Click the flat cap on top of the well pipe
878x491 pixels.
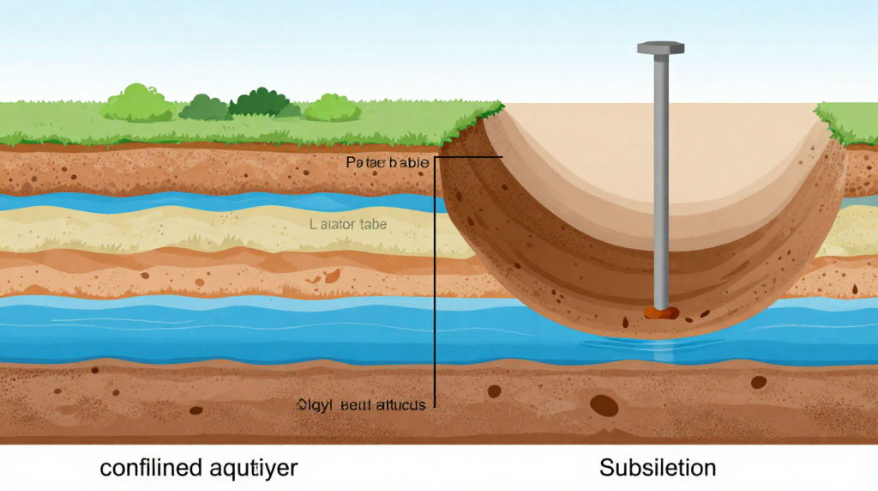(660, 48)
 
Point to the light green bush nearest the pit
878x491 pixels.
(332, 107)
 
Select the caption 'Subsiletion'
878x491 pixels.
(658, 468)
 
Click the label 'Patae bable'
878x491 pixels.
(382, 161)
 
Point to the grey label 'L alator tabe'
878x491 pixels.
(346, 225)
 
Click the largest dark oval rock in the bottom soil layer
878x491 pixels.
(603, 405)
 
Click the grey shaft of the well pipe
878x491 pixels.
(661, 172)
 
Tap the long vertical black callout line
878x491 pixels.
(436, 283)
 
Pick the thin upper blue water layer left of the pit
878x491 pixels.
(214, 203)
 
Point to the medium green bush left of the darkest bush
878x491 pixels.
(203, 106)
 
